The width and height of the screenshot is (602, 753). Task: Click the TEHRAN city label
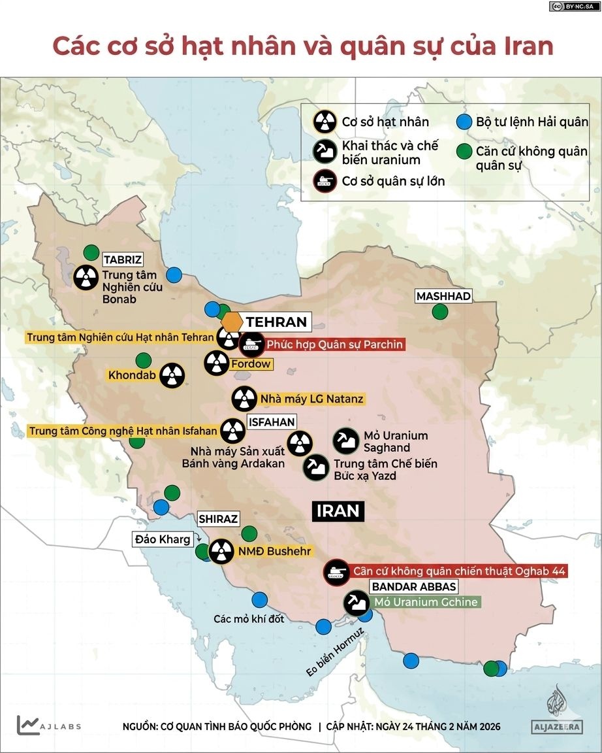point(276,322)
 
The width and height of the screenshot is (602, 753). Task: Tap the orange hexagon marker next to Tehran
point(232,322)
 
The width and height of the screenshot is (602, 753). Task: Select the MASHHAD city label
point(443,296)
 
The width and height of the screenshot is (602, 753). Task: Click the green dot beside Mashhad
point(440,312)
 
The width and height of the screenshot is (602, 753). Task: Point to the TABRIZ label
point(123,259)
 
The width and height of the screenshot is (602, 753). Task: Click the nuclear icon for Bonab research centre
point(86,277)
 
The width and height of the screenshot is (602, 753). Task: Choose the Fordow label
point(251,363)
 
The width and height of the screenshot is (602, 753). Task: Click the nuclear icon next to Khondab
point(172,375)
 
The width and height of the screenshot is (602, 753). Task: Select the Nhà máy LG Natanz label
point(311,398)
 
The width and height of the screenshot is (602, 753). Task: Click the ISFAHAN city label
point(272,422)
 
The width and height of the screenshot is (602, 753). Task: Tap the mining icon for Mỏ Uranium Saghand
point(345,441)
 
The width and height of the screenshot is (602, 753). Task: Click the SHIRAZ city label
point(219,519)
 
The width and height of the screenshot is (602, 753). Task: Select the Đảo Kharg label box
point(163,539)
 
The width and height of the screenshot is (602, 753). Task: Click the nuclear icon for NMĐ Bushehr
point(221,550)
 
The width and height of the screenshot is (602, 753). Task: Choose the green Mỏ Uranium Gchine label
point(425,602)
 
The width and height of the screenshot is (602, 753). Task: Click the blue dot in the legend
point(464,122)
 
